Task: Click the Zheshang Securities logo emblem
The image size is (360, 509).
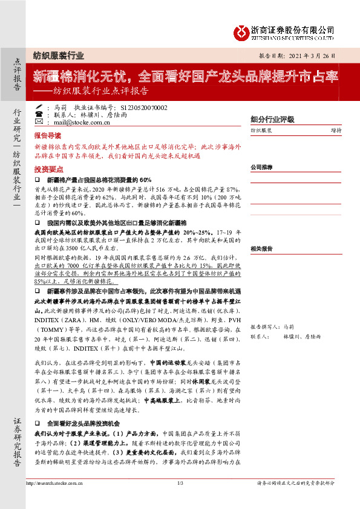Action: [243, 31]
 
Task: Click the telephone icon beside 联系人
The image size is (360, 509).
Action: [39, 114]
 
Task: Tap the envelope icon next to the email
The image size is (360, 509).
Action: [39, 122]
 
